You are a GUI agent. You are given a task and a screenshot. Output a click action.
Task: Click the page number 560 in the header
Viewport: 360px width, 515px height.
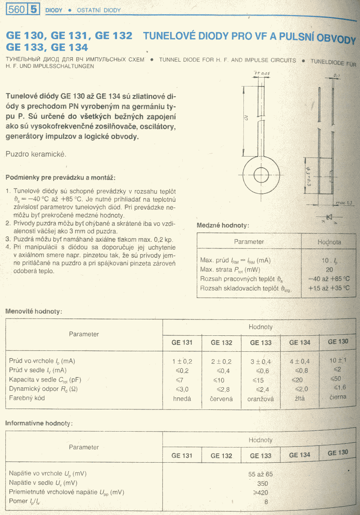pyautogui.click(x=16, y=9)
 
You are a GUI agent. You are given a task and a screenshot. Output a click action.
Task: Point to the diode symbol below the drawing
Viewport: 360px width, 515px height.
pyautogui.click(x=329, y=217)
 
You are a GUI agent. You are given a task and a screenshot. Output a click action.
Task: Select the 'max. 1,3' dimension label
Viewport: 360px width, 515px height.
pyautogui.click(x=344, y=203)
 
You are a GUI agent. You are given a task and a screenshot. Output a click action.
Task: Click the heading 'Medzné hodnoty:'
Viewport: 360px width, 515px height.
pyautogui.click(x=223, y=225)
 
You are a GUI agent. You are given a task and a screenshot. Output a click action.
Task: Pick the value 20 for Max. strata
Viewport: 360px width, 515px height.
pyautogui.click(x=329, y=269)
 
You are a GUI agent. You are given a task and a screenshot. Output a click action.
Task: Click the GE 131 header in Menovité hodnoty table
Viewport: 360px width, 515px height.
pyautogui.click(x=182, y=342)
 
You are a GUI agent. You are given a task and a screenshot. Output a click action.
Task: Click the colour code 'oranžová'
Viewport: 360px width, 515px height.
pyautogui.click(x=261, y=398)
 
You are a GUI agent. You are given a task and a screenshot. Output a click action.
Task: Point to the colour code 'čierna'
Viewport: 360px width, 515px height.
pyautogui.click(x=338, y=397)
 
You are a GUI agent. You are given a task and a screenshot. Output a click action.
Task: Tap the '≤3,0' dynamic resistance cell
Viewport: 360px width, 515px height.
pyautogui.click(x=183, y=389)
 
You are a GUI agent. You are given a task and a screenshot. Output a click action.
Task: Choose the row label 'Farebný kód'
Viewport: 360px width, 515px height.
pyautogui.click(x=27, y=398)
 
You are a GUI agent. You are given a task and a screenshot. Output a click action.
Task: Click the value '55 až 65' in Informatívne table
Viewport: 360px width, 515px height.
pyautogui.click(x=261, y=473)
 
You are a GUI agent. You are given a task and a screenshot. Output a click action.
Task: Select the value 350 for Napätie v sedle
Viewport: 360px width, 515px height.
pyautogui.click(x=262, y=483)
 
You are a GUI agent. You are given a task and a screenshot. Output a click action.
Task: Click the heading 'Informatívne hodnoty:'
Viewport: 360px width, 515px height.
pyautogui.click(x=39, y=423)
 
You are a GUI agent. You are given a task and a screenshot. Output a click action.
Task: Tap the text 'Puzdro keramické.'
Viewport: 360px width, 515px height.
pyautogui.click(x=36, y=154)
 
